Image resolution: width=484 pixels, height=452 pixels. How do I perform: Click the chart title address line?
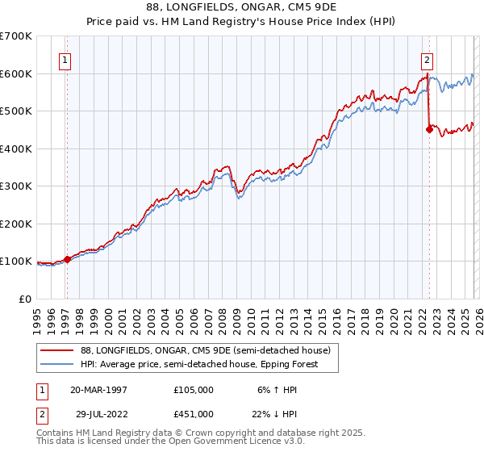click(242, 6)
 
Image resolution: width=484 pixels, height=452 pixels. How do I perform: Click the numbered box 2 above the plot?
click(426, 59)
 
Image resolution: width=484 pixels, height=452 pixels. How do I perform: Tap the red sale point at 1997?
click(67, 259)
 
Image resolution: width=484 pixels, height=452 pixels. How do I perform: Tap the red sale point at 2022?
click(429, 129)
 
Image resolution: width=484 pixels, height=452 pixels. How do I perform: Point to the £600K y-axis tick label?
click(16, 73)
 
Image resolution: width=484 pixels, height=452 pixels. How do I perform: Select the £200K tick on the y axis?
click(16, 224)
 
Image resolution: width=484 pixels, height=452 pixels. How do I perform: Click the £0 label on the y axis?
click(26, 299)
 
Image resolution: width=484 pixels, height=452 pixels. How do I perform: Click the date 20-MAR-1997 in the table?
click(98, 389)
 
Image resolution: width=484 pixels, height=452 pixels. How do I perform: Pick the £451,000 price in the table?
click(194, 413)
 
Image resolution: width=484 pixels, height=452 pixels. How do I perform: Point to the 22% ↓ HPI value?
click(276, 413)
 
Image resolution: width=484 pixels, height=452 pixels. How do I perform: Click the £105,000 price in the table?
click(194, 389)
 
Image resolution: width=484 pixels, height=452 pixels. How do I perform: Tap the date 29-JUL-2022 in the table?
click(98, 413)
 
